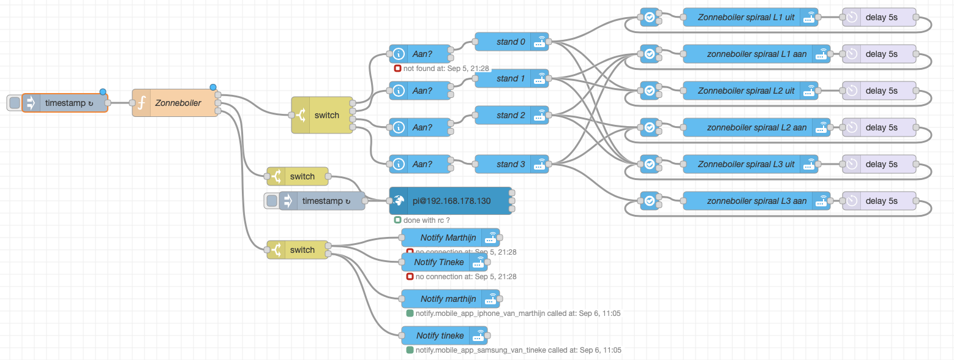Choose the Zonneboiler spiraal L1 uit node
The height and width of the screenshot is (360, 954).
coord(746,17)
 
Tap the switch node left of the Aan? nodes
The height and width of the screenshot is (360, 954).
coord(323,115)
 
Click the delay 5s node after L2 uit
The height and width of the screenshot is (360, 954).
coord(881,91)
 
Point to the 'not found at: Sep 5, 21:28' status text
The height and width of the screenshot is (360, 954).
coord(446,68)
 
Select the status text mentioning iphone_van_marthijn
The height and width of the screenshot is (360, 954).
coord(517,313)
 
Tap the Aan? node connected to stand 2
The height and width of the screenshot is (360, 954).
coord(421,127)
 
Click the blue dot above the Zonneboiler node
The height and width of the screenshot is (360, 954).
coord(212,88)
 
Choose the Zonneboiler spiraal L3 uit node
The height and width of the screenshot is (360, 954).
coord(746,164)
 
